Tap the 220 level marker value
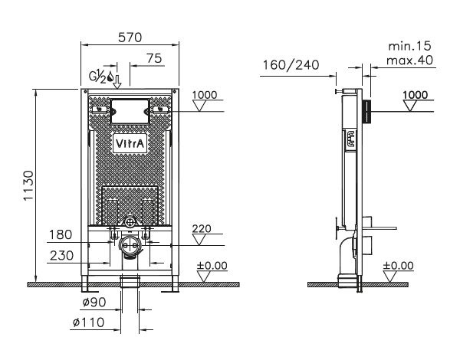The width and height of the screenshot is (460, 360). pyautogui.click(x=202, y=227)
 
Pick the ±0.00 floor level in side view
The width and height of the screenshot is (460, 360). pyautogui.click(x=399, y=265)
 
